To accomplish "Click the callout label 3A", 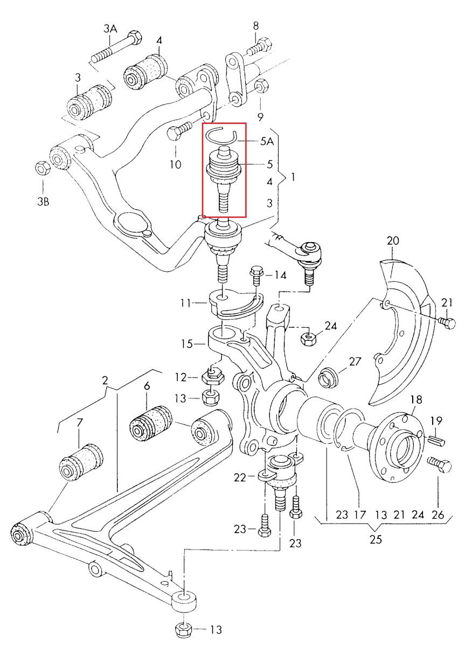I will tap(110, 28).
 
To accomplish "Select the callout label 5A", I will tap(267, 142).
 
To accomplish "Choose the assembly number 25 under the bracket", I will tap(376, 539).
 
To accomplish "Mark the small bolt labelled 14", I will tap(256, 276).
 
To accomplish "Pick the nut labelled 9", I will tap(261, 86).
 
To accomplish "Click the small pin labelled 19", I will tap(436, 439).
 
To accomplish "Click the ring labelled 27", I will tap(329, 377).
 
